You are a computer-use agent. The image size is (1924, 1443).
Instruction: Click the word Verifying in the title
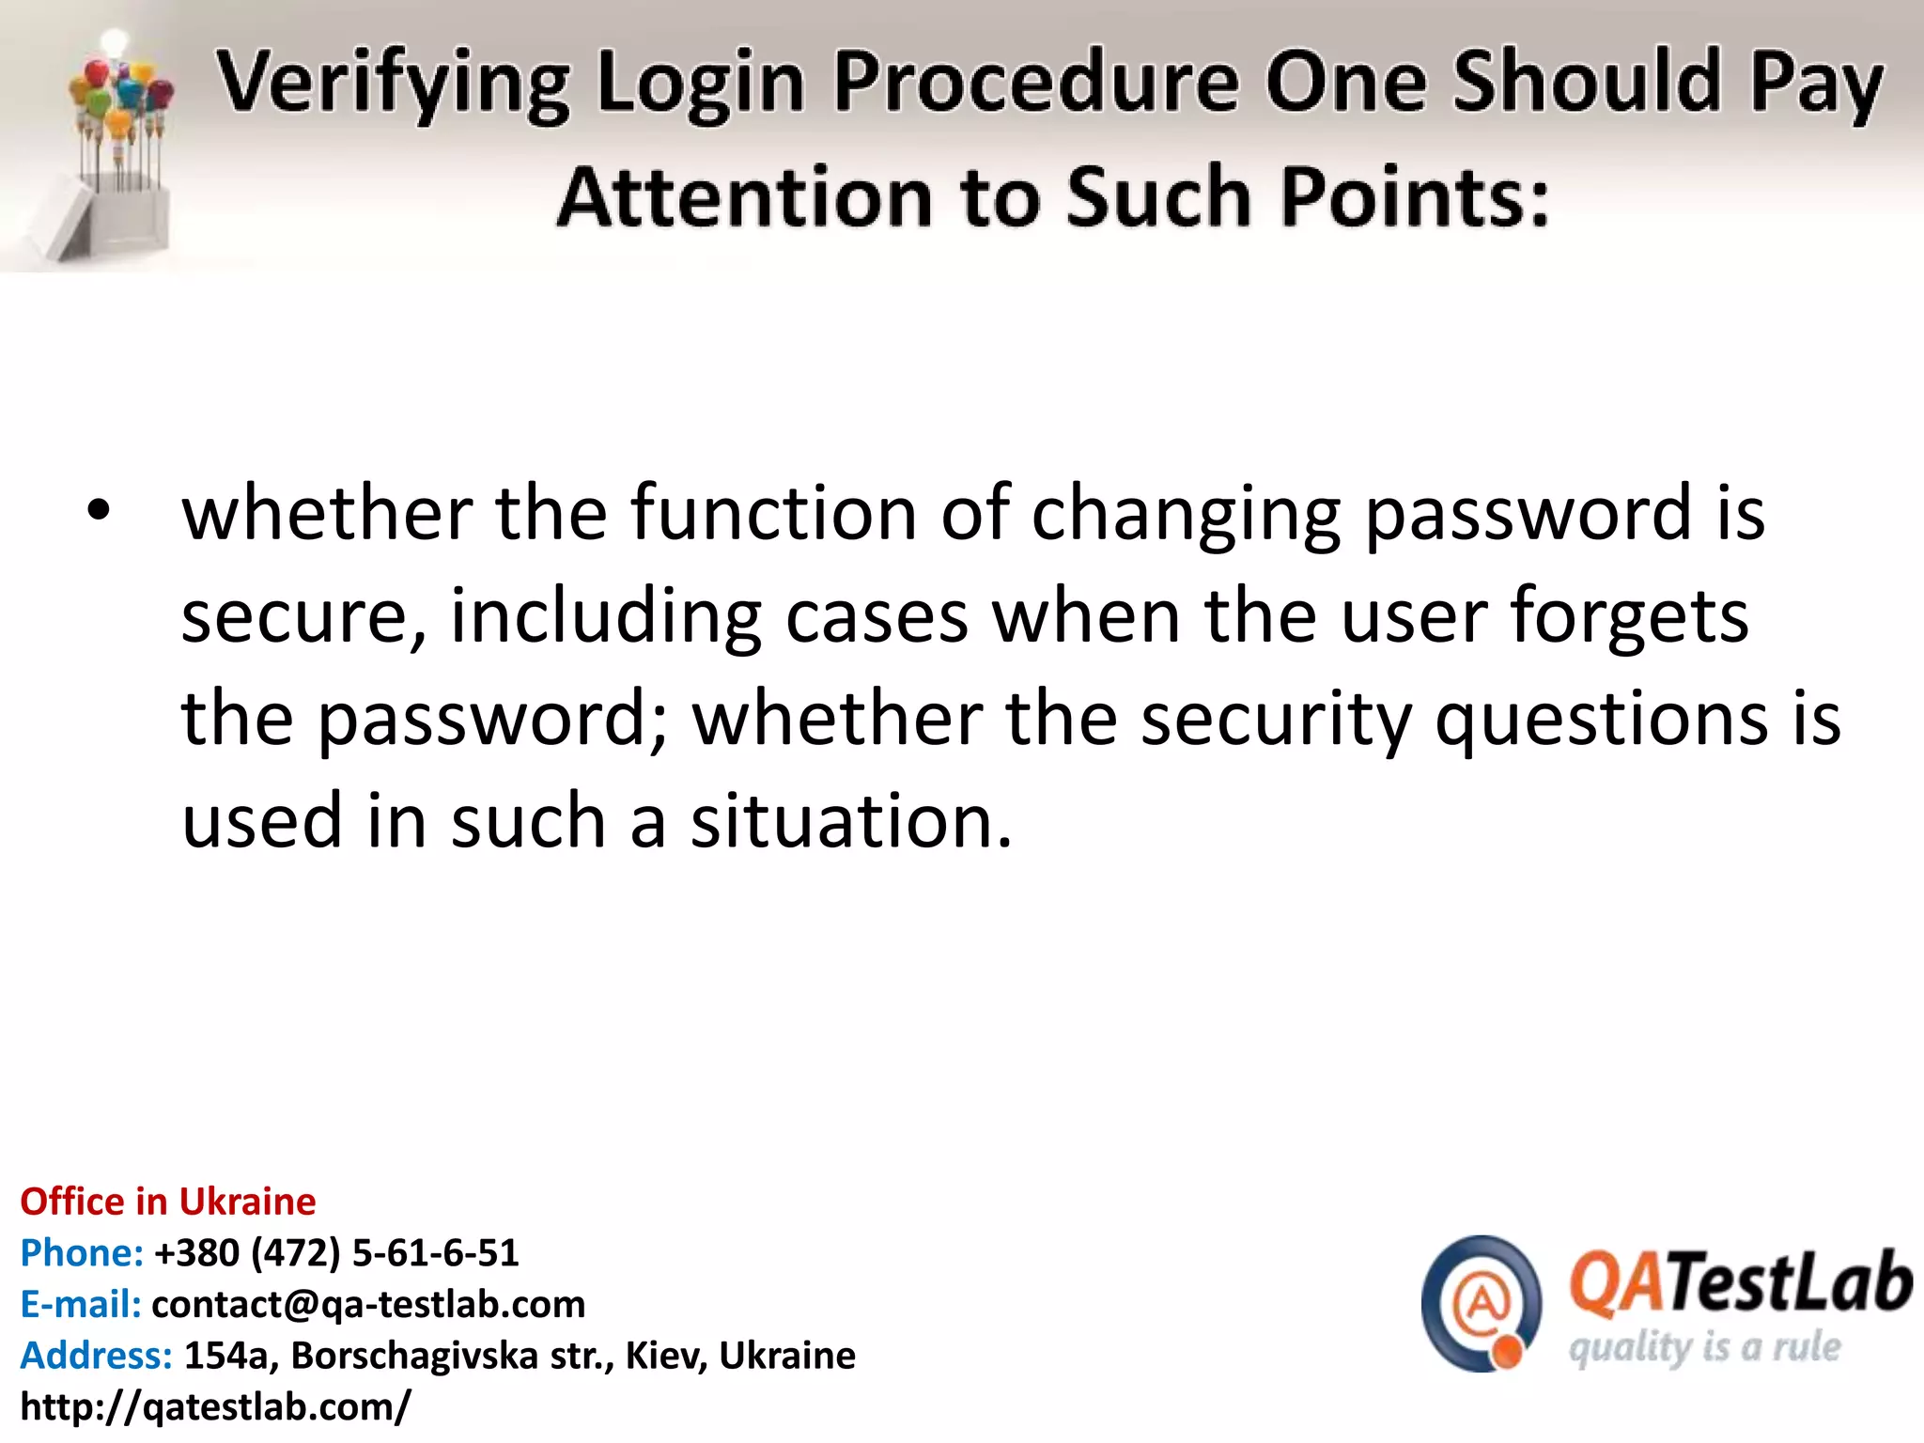(394, 83)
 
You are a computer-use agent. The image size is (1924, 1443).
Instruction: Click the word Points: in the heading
(1415, 197)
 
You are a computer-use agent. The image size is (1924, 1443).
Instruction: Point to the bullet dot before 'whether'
(99, 512)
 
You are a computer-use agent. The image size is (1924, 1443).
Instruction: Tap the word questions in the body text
(1602, 719)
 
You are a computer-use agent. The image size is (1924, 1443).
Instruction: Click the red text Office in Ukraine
(168, 1202)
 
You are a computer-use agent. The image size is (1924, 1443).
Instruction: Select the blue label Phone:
(82, 1253)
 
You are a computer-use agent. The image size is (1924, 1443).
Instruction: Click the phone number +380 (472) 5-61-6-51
(336, 1253)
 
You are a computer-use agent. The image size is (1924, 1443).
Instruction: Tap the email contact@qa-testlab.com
(368, 1304)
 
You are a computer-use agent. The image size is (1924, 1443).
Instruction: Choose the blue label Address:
(97, 1356)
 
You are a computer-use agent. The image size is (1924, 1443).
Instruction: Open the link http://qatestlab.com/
(215, 1406)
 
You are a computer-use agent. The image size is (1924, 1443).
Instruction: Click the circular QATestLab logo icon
(1482, 1303)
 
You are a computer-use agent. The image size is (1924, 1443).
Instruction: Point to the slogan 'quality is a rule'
(1704, 1348)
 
